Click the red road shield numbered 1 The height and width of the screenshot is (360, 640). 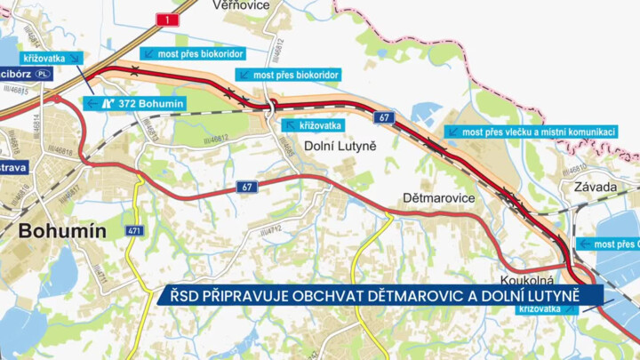(166, 19)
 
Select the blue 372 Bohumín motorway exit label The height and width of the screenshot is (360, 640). (135, 103)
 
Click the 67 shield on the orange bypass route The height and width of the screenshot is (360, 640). (383, 117)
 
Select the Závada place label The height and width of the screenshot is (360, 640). (596, 187)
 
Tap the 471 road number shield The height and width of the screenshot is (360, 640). (135, 231)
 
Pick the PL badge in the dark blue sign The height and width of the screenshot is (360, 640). (43, 74)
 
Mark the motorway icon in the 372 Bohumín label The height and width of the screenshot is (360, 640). (107, 103)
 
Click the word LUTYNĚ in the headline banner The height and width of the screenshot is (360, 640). (569, 295)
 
